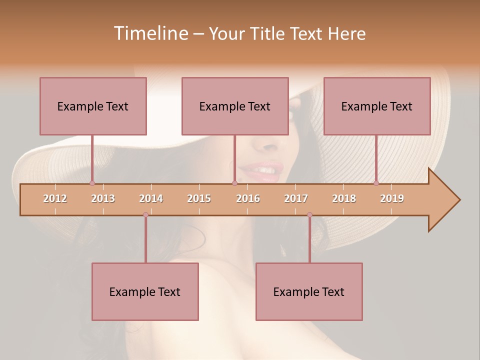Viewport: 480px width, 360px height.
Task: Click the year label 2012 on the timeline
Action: pyautogui.click(x=55, y=198)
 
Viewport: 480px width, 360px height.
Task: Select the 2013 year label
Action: pyautogui.click(x=103, y=198)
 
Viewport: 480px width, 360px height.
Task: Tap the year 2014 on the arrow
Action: pyautogui.click(x=151, y=198)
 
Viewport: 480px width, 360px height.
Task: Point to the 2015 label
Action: pyautogui.click(x=199, y=198)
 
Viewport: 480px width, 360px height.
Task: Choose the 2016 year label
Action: pyautogui.click(x=248, y=198)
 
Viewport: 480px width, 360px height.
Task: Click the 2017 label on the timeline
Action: pyautogui.click(x=296, y=198)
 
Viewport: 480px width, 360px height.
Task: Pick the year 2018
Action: pyautogui.click(x=344, y=198)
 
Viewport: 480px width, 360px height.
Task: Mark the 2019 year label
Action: pyautogui.click(x=392, y=198)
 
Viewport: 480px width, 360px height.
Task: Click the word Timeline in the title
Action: pyautogui.click(x=150, y=33)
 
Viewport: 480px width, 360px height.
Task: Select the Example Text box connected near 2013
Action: pyautogui.click(x=93, y=106)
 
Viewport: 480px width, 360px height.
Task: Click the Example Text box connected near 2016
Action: pyautogui.click(x=235, y=106)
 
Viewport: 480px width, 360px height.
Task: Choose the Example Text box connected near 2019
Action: pyautogui.click(x=377, y=106)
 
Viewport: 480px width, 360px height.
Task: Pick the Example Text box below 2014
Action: pyautogui.click(x=145, y=291)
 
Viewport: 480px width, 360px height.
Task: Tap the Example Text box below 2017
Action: pyautogui.click(x=309, y=291)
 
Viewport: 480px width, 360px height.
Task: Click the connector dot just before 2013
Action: pyautogui.click(x=92, y=183)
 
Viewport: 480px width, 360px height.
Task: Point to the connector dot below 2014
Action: pyautogui.click(x=145, y=215)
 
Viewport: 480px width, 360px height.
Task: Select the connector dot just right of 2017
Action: pyautogui.click(x=309, y=215)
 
